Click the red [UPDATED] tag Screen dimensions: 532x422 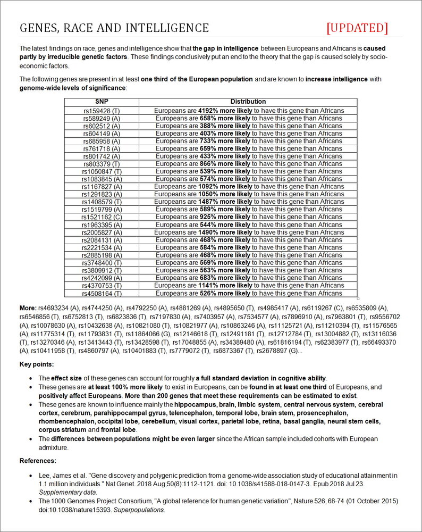point(357,28)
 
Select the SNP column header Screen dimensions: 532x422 point(102,102)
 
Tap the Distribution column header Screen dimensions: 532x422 point(248,102)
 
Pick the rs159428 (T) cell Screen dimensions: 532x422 point(102,111)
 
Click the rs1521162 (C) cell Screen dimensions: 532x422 point(102,217)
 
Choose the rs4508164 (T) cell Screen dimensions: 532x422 point(102,293)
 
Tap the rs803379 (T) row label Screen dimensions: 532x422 point(102,164)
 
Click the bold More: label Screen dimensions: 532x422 point(28,308)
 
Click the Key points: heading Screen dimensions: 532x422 point(37,364)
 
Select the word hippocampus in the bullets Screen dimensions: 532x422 point(195,405)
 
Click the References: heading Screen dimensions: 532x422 point(38,461)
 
